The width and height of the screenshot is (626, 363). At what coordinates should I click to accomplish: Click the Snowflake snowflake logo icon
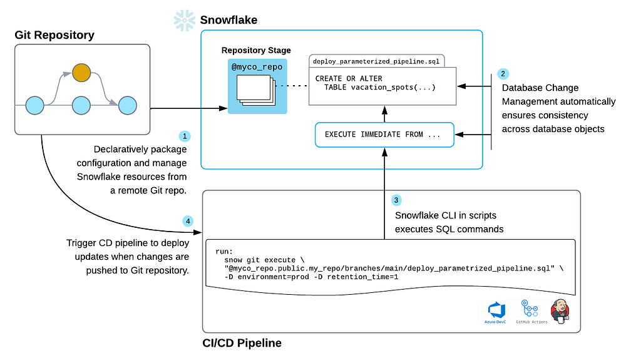tap(184, 20)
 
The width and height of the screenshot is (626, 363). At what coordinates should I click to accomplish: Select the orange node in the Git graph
tap(81, 73)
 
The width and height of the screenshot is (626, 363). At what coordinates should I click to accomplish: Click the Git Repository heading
tap(54, 35)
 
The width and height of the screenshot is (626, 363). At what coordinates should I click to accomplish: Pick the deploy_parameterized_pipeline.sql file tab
tap(377, 61)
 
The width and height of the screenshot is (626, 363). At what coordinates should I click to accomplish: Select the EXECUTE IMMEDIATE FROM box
tap(383, 135)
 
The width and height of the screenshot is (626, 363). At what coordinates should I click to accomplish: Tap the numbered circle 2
tap(503, 73)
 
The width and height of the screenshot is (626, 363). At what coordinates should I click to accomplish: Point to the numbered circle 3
tap(396, 200)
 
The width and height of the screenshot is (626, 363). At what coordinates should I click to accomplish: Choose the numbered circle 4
tap(188, 221)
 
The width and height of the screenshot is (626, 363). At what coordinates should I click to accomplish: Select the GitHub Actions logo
tap(531, 311)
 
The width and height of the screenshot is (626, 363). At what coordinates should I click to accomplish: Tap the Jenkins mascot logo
tap(560, 310)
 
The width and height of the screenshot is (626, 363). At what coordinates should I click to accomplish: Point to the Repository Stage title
tap(256, 50)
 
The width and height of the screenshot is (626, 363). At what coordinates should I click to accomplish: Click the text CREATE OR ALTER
tap(349, 78)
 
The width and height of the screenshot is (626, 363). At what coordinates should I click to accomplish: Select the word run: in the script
tap(225, 250)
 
